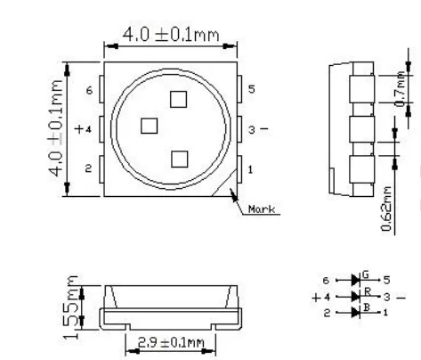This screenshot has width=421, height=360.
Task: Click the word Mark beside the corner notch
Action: click(262, 209)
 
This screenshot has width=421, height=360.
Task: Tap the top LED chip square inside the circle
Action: click(178, 99)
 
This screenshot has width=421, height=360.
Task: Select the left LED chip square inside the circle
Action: click(149, 126)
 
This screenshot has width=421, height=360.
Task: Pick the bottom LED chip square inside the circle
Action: click(180, 159)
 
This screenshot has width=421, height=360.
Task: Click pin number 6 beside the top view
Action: click(89, 90)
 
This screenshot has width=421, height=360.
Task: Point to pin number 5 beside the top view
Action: click(252, 89)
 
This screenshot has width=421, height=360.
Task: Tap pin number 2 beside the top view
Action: click(88, 168)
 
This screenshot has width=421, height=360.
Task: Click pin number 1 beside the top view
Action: click(251, 169)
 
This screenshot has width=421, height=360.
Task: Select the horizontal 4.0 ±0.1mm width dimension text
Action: click(171, 35)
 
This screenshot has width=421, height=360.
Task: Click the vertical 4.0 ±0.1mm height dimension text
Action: click(56, 128)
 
